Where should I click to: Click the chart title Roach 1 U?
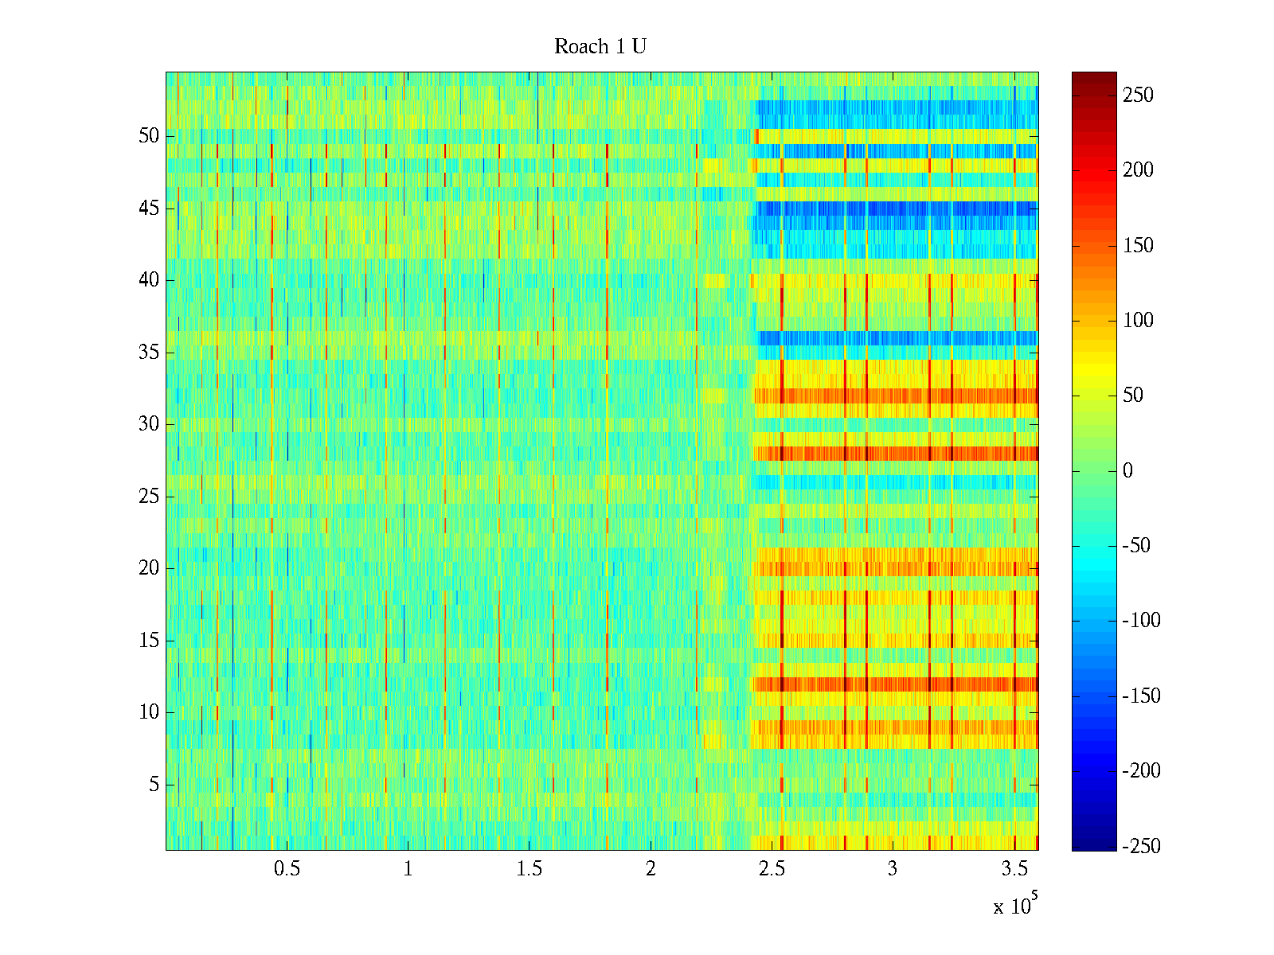tap(600, 47)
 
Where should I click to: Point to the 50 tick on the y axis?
tap(149, 136)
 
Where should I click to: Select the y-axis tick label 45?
tap(149, 209)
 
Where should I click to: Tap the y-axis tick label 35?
tap(149, 353)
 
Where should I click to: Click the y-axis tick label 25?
tap(149, 497)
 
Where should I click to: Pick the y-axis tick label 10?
tap(149, 712)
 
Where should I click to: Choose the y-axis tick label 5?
tap(154, 785)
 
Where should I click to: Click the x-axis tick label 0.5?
tap(287, 869)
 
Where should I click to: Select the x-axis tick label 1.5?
tap(529, 869)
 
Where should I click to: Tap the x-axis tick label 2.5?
tap(772, 869)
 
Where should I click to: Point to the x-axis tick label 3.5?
tap(1014, 869)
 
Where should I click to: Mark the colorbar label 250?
tap(1138, 95)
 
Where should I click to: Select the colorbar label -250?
tap(1141, 846)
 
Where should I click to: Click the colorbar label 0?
tap(1127, 470)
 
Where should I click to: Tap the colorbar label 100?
tap(1138, 321)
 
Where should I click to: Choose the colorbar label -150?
tap(1141, 696)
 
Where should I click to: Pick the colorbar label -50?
tap(1138, 546)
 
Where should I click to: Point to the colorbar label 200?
tap(1138, 170)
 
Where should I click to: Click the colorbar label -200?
tap(1141, 770)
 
